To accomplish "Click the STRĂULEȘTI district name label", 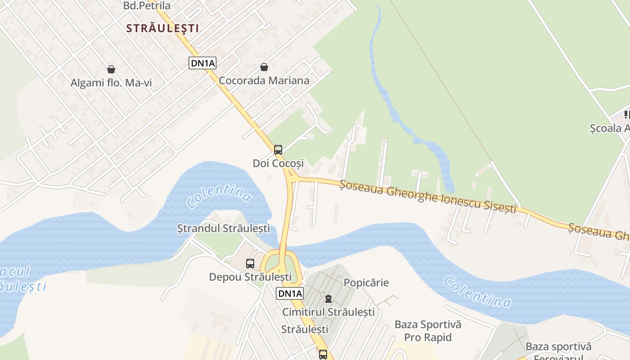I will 162,28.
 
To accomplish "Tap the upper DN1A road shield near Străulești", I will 202,63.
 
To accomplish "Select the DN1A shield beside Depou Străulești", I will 290,294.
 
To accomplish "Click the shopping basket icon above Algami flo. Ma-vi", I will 111,69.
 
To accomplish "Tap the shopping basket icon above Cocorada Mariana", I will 264,67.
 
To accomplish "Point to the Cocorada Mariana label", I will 264,81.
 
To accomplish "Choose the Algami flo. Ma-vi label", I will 111,83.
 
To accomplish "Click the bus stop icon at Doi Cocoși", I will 278,150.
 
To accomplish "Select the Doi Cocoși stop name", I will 278,163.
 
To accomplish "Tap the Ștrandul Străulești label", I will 224,228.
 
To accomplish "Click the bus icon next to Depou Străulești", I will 250,264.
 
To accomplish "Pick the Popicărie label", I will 366,283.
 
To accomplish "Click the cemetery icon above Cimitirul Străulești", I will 328,299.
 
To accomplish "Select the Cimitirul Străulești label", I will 328,312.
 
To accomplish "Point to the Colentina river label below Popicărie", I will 477,292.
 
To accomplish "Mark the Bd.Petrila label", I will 147,6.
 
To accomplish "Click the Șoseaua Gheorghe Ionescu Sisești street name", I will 427,197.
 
